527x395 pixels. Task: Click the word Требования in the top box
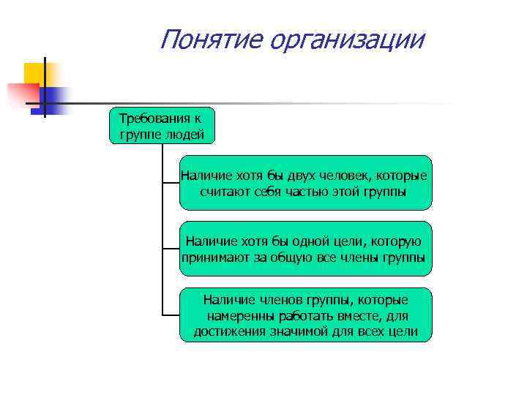point(150,118)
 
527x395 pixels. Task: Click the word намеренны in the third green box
point(241,316)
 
